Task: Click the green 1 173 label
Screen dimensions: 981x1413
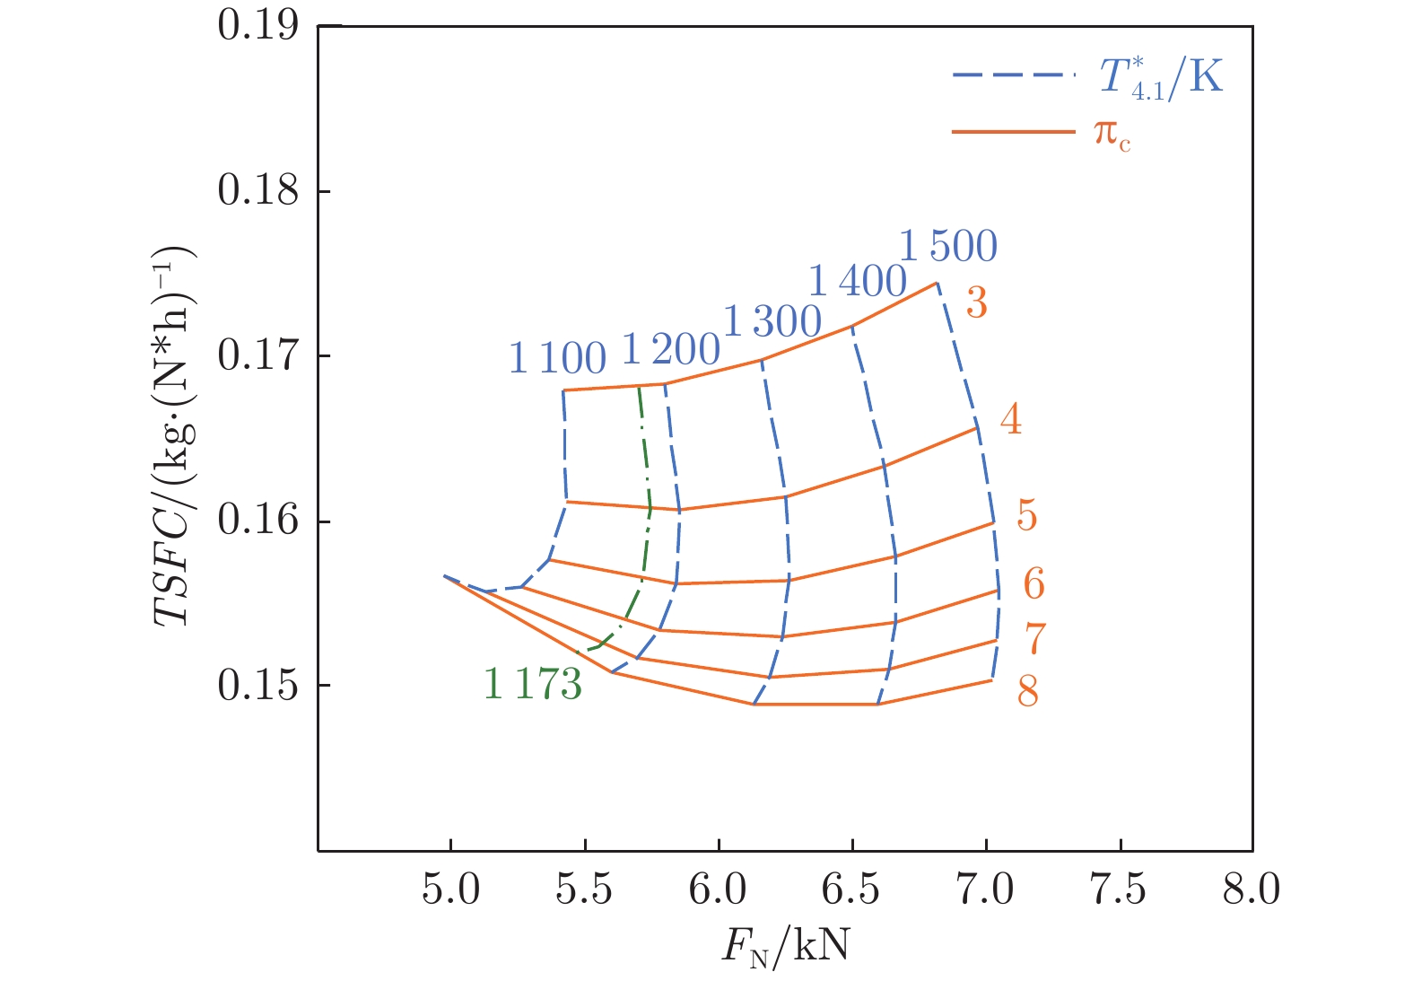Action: click(533, 684)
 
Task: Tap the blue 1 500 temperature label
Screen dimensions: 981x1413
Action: click(948, 246)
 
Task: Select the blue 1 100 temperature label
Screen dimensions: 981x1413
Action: click(557, 359)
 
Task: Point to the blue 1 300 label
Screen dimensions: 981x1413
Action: click(772, 321)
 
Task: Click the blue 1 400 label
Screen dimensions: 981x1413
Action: click(858, 282)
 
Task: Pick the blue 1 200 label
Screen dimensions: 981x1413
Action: click(670, 350)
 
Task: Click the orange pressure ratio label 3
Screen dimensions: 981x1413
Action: click(976, 303)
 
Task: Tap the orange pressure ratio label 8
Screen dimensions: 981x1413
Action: click(1027, 691)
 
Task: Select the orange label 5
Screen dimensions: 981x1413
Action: click(1026, 516)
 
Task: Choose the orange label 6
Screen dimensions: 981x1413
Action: click(1034, 584)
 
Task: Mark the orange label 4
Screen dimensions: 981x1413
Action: click(1010, 419)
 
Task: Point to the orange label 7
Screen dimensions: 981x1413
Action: click(1035, 639)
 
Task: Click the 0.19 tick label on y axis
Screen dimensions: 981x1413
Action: click(257, 25)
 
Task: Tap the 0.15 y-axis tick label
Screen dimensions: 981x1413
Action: click(257, 686)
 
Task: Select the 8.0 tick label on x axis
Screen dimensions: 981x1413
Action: click(1252, 889)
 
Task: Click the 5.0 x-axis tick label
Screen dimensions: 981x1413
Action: click(450, 889)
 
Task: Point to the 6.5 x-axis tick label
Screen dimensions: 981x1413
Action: click(851, 889)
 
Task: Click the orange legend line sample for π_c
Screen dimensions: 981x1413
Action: click(1014, 132)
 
